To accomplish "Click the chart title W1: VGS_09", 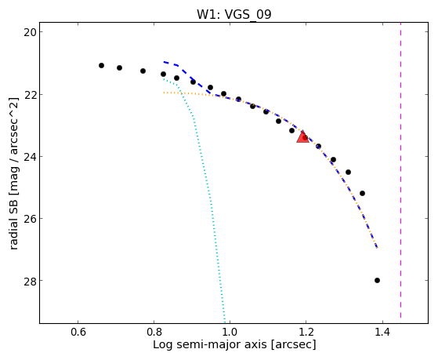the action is click(x=234, y=14).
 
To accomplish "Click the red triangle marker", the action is click(x=302, y=137).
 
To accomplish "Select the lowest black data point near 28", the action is click(x=377, y=280).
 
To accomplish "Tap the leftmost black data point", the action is click(x=101, y=65).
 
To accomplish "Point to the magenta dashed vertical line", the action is click(x=401, y=170).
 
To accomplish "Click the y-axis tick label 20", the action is click(x=29, y=32).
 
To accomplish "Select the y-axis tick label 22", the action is click(x=29, y=95).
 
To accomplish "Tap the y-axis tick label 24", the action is click(x=29, y=157).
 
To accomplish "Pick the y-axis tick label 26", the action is click(x=29, y=219).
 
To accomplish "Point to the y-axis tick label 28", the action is click(x=29, y=281).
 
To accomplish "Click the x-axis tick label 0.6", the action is click(x=78, y=332).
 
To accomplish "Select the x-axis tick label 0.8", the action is click(x=154, y=332).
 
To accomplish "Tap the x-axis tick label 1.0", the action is click(x=230, y=332).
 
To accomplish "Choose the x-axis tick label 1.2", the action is click(x=306, y=332).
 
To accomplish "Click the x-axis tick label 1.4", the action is click(x=382, y=332).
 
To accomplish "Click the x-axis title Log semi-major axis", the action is click(x=210, y=345).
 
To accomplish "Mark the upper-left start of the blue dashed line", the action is click(x=164, y=62).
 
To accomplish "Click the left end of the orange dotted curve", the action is click(x=164, y=93).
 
